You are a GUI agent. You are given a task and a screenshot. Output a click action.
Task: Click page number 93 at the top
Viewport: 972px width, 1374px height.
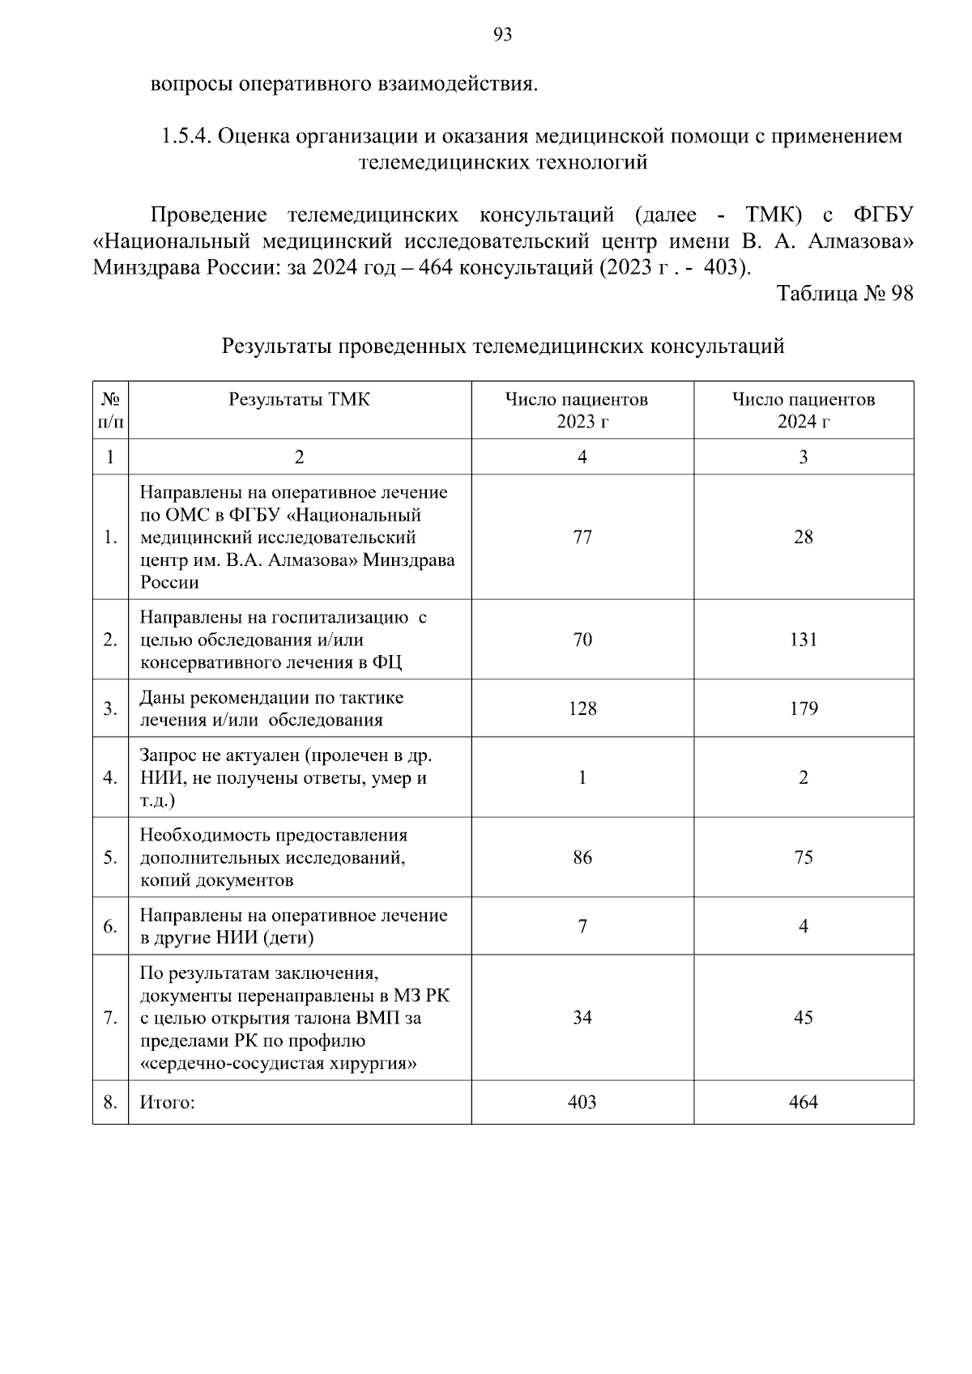(502, 35)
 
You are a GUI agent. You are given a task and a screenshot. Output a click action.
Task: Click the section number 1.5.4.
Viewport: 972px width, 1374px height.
(185, 136)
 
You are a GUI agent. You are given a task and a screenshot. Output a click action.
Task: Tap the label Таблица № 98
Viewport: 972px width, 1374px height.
(845, 293)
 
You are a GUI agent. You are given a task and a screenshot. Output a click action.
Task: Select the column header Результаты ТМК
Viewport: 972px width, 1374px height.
(299, 399)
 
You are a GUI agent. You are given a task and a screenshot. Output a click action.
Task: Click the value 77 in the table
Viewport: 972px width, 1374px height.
(582, 537)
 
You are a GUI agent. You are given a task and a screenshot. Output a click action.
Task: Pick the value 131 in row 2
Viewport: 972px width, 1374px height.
(803, 640)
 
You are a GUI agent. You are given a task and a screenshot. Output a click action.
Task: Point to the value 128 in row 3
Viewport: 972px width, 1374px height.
(582, 708)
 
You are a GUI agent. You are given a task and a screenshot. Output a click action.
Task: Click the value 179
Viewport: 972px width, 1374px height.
(803, 708)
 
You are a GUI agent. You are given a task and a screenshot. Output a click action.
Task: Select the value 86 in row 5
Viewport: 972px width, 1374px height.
(582, 857)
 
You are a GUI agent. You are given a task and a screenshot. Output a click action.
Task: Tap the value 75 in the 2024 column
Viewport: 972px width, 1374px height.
(803, 857)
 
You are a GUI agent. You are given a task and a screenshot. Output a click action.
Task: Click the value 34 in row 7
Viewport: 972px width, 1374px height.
(582, 1018)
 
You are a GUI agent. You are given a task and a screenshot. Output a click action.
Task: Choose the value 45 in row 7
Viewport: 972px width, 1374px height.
(803, 1018)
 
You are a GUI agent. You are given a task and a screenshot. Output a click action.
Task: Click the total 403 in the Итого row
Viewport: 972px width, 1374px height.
(582, 1102)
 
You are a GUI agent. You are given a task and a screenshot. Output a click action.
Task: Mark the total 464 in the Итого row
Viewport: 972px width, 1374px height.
(803, 1102)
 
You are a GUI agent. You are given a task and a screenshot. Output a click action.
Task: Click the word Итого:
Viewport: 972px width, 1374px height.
(168, 1103)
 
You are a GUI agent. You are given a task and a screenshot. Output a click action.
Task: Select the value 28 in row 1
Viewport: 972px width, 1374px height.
(803, 537)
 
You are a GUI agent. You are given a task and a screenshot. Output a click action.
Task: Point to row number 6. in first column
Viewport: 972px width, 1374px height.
(110, 926)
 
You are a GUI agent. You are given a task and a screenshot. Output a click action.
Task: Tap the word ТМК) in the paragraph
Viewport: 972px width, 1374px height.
(774, 215)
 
